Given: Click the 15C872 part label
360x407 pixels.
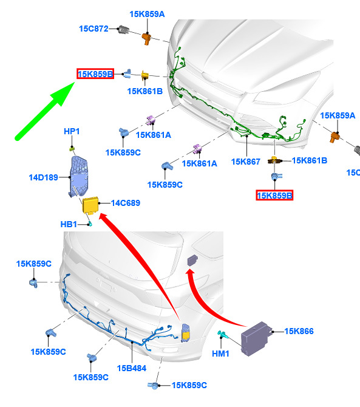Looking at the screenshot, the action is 93,29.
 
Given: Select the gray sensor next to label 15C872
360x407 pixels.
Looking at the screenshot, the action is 123,30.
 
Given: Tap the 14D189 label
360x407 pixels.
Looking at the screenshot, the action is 43,177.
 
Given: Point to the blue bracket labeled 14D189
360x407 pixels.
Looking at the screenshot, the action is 79,176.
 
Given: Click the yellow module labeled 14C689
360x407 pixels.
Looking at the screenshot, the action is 90,205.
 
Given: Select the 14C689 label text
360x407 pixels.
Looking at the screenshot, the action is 126,203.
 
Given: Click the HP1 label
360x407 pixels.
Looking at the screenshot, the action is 72,131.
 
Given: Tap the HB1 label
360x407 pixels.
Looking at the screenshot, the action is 69,224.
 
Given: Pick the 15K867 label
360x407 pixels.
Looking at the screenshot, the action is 246,162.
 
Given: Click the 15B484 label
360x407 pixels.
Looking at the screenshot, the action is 132,368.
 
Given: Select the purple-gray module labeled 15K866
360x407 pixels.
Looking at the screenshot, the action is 256,338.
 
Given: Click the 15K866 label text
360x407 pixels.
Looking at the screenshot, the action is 299,331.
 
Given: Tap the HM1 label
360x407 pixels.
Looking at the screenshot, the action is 221,354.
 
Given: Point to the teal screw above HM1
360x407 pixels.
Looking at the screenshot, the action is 223,335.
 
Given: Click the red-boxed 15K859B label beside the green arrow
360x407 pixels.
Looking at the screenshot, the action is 95,74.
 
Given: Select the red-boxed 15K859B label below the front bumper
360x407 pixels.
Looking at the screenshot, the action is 274,195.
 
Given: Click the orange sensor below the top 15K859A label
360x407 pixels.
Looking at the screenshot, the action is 147,38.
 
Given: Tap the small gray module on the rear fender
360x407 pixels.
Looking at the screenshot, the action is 192,260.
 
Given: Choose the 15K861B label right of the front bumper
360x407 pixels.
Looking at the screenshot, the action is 310,160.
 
